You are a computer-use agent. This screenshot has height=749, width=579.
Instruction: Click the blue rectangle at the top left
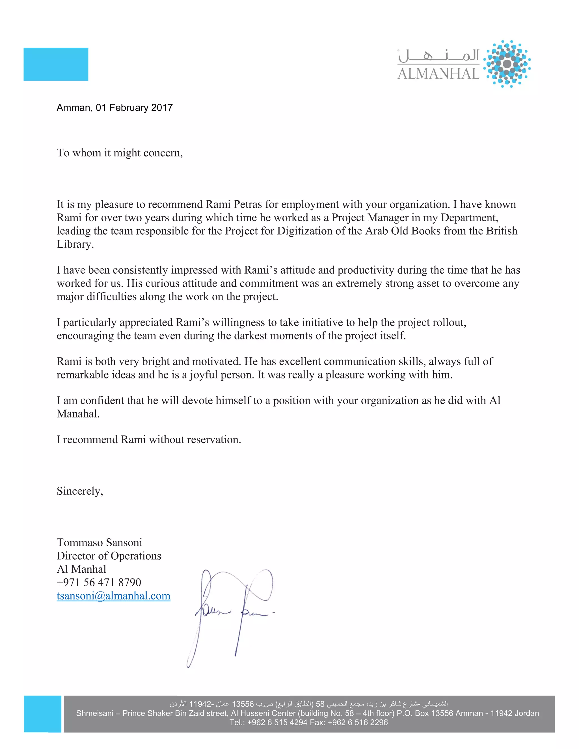56,64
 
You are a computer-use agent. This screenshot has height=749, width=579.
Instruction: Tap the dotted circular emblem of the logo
507,64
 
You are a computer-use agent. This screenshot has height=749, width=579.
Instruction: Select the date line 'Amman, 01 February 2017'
114,108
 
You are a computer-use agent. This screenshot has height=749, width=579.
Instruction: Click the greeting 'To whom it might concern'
119,153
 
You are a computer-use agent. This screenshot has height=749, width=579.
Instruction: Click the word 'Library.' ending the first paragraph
75,244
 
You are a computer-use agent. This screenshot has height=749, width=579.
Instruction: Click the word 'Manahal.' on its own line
78,414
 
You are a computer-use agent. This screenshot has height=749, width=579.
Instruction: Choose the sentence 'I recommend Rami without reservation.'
148,440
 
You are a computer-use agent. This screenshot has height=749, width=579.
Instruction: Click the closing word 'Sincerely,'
79,491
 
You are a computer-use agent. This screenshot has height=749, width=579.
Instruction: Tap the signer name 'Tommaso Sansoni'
99,543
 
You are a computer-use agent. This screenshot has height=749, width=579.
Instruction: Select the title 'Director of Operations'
109,556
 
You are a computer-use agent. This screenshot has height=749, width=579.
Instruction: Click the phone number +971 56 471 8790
99,582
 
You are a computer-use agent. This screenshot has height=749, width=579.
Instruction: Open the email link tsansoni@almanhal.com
113,596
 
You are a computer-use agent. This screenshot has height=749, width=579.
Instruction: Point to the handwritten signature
233,614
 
